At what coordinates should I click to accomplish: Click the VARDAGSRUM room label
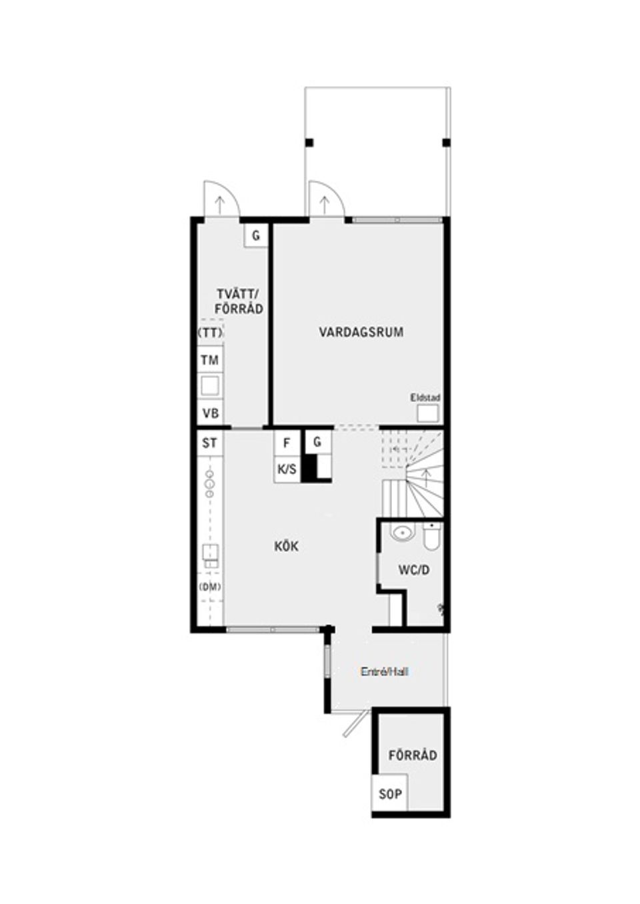(361, 332)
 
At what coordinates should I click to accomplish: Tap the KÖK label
(287, 547)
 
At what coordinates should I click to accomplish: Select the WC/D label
(414, 570)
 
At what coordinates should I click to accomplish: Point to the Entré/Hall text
(384, 672)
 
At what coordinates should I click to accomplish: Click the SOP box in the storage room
(391, 794)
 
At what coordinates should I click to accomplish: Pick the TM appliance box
(210, 361)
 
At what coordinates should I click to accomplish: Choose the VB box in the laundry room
(210, 413)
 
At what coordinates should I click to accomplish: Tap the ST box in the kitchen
(210, 443)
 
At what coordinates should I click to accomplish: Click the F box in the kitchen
(287, 443)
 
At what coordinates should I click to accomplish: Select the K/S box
(287, 469)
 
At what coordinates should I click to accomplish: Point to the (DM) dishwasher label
(210, 587)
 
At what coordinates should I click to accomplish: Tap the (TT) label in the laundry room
(210, 332)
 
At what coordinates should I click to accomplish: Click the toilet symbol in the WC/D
(431, 537)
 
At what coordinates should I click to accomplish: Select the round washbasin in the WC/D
(401, 533)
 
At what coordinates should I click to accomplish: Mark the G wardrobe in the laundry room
(256, 235)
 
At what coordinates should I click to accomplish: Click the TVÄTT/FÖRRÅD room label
(239, 301)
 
